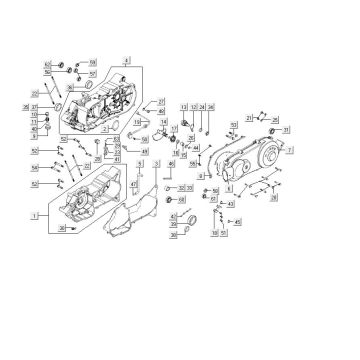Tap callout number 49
tap(145, 151)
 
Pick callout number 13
tap(184, 107)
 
